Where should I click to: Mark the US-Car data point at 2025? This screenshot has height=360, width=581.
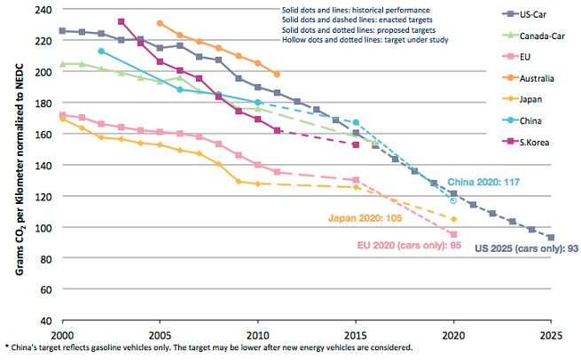(552, 238)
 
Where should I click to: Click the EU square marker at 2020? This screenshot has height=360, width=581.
(453, 235)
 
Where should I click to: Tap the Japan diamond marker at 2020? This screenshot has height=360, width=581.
(453, 219)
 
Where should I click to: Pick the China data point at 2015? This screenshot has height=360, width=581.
(356, 122)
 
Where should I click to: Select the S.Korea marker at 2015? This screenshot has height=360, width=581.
(356, 145)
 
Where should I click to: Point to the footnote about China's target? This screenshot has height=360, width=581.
(208, 348)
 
